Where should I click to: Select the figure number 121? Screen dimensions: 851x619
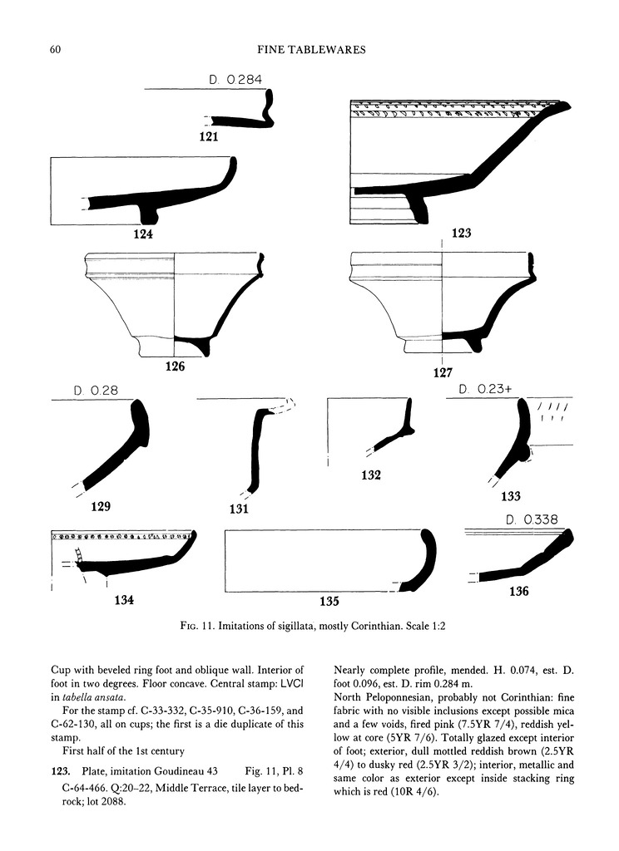(x=208, y=138)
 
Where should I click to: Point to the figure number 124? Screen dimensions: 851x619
(x=142, y=234)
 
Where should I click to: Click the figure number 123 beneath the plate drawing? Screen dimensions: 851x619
(x=463, y=234)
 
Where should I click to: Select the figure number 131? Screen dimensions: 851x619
(x=238, y=509)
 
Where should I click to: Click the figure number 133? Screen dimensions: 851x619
(x=510, y=497)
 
